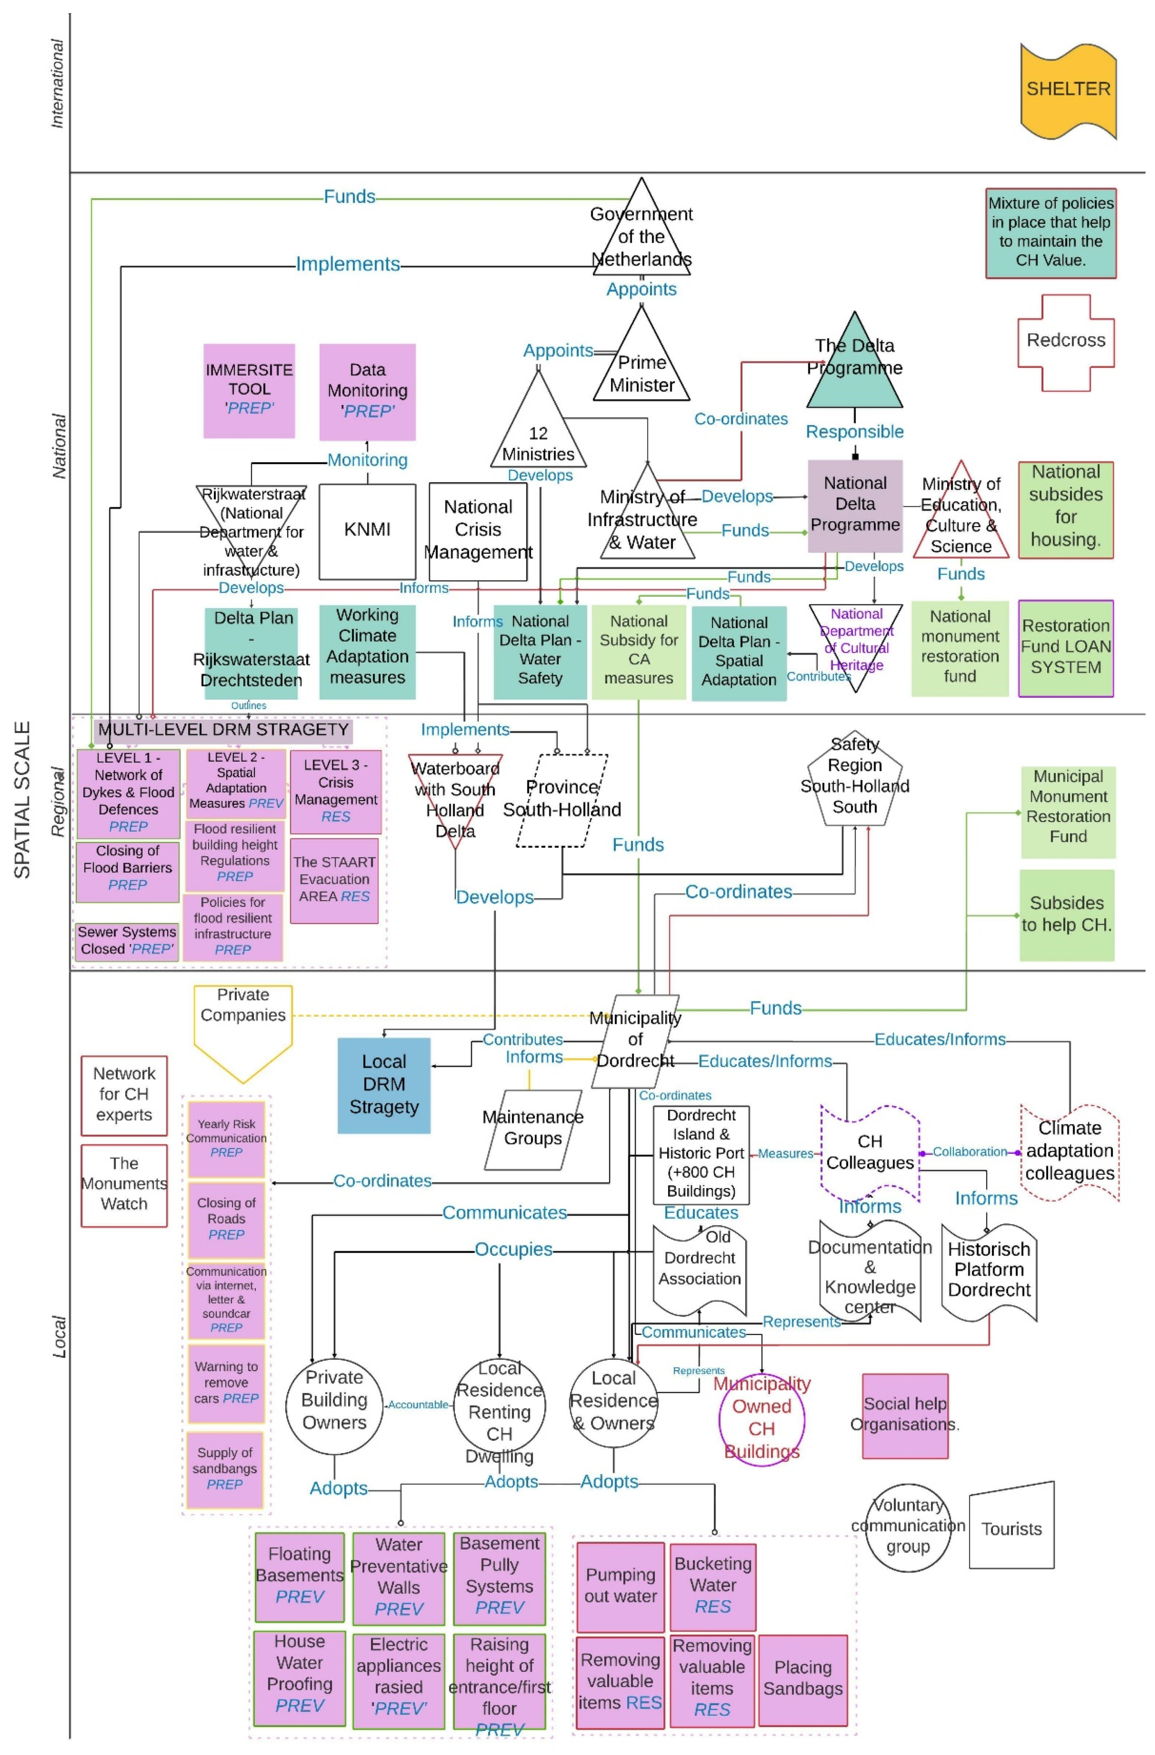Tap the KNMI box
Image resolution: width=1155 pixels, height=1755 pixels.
click(x=367, y=531)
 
